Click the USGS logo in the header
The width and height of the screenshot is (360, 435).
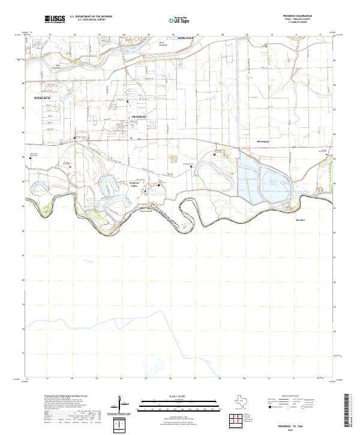(54, 19)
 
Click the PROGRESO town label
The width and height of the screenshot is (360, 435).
(139, 116)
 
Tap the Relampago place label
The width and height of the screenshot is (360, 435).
(263, 142)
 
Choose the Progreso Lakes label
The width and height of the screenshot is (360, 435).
(138, 185)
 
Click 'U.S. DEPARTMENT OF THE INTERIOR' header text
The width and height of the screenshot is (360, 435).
(91, 17)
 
